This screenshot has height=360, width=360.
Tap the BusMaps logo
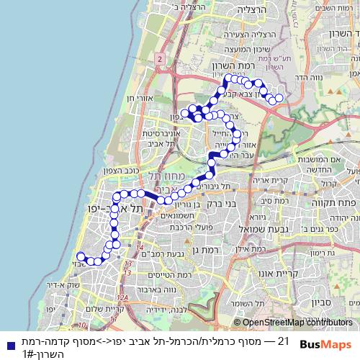325,342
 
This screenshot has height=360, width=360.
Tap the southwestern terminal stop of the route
80,258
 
